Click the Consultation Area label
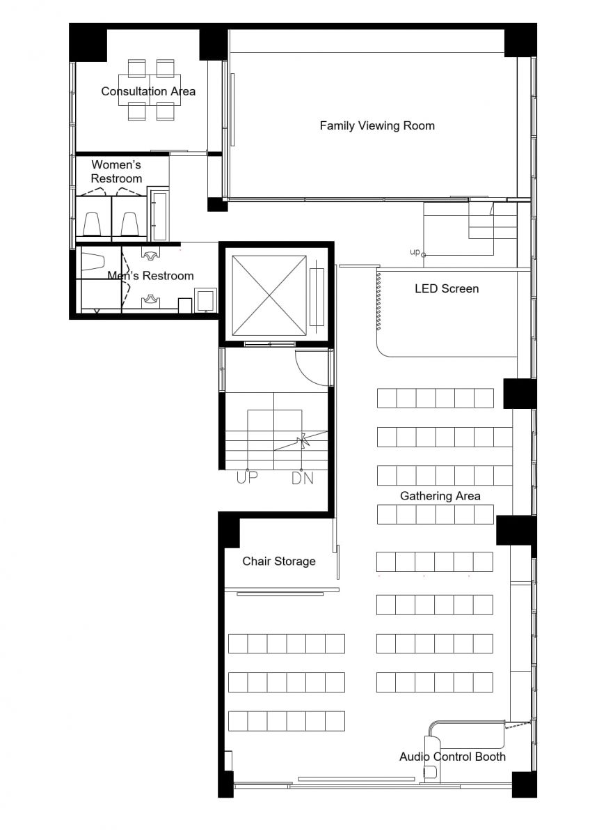pos(148,91)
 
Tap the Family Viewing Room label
pos(377,125)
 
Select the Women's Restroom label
pos(116,171)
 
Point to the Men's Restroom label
pos(150,275)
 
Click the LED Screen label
pos(447,288)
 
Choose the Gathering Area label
pos(440,496)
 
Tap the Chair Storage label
pos(279,561)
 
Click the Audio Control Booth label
pos(452,757)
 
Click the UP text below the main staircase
pos(247,478)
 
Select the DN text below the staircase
pos(302,478)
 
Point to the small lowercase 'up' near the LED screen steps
pos(415,252)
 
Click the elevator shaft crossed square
pos(269,295)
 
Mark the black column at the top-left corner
pos(88,42)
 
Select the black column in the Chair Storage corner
pos(228,530)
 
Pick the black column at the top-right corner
pos(520,40)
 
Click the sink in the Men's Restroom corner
pos(205,300)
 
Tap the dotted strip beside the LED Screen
pos(378,301)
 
